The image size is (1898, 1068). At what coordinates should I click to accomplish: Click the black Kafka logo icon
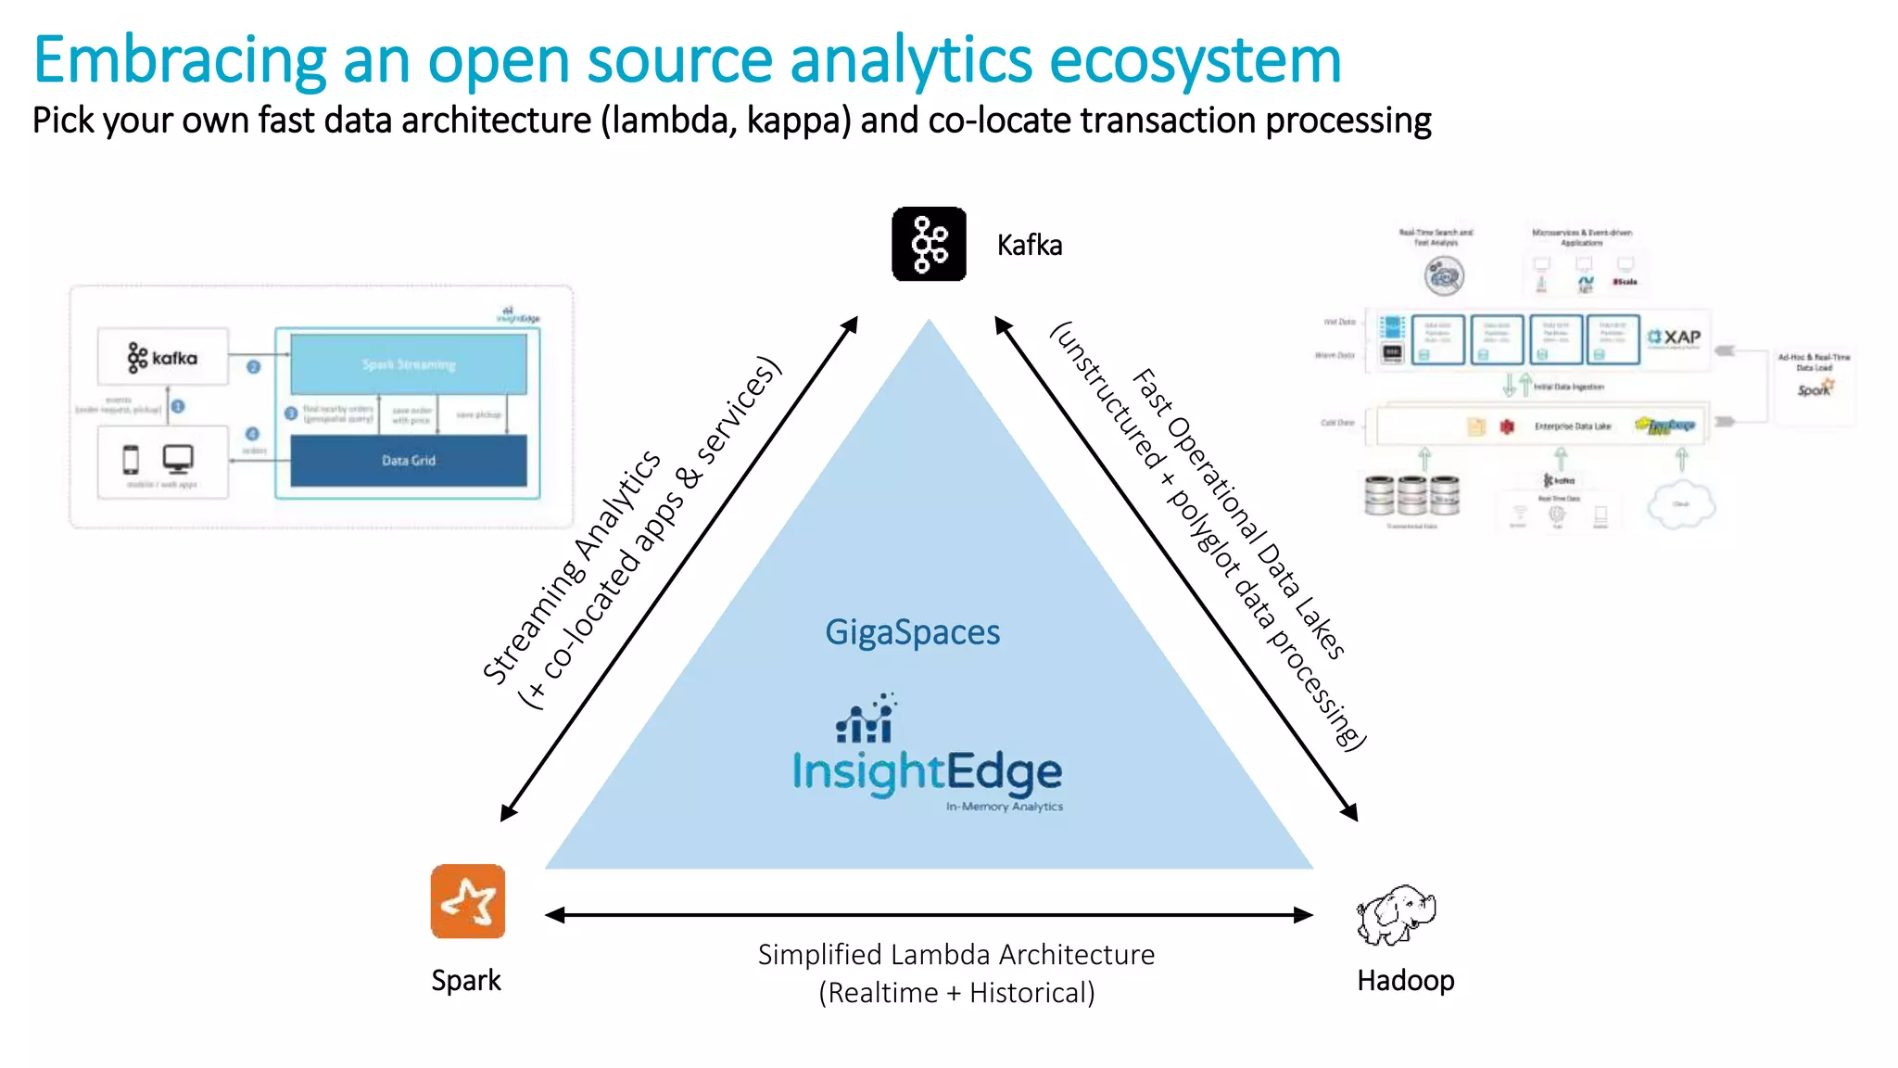929,244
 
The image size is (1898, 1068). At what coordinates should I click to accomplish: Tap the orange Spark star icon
468,901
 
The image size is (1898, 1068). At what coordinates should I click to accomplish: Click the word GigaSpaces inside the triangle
912,632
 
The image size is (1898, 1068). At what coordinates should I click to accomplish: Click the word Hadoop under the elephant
1405,980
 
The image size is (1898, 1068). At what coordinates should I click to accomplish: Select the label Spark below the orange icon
465,980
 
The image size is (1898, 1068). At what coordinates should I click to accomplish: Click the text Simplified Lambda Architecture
955,954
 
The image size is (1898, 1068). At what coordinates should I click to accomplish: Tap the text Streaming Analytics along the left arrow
571,567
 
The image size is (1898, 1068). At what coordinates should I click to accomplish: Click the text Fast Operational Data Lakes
1238,514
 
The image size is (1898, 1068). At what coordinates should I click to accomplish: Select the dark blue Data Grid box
409,461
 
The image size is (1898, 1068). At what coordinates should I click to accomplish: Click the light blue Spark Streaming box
409,364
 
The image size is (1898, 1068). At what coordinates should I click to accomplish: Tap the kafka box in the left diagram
163,357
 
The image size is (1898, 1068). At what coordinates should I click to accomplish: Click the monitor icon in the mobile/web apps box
178,458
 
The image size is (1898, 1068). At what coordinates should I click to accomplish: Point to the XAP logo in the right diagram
1675,337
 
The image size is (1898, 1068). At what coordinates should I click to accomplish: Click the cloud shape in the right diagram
1680,504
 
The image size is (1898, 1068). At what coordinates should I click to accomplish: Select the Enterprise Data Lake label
1572,426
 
